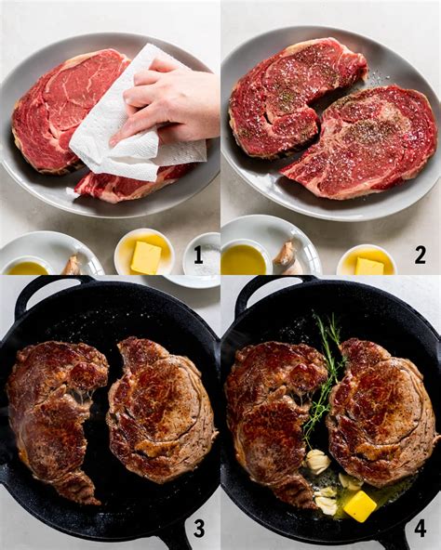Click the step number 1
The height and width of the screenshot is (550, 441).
(197, 255)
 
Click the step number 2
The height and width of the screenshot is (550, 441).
(420, 255)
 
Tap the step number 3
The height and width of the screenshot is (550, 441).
(198, 529)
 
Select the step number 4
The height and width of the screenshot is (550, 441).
(420, 529)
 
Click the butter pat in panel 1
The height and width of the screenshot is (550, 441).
(145, 256)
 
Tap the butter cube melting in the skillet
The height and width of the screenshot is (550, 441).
(359, 505)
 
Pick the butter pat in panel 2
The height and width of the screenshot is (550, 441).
(368, 266)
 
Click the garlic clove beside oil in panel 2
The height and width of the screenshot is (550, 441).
(285, 254)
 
